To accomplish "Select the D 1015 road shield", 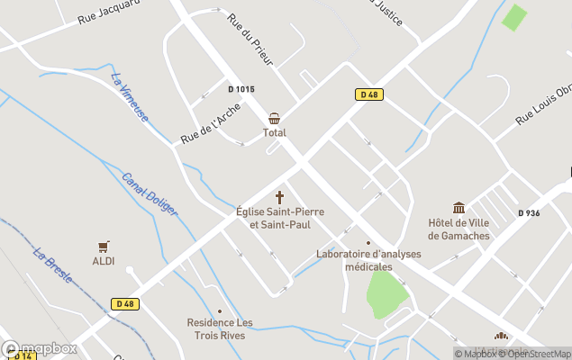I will pos(241,89).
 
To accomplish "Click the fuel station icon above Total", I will pos(274,119).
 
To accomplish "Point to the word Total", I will pos(274,133).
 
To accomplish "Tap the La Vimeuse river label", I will pos(130,98).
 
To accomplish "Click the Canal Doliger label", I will pos(150,193).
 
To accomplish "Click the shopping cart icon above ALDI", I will pos(104,246).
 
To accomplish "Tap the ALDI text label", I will pos(104,260).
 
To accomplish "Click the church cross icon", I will pos(279,197).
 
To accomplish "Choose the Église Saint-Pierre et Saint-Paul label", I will pos(279,218).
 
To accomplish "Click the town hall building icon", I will pos(459,208).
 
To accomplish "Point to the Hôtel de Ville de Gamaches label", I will pos(459,229).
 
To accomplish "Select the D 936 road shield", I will pos(530,213).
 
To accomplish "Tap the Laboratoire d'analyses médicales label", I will pos(368,260).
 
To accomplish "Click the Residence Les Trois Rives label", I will pos(220,328).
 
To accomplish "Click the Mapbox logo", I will pos(40,348).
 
